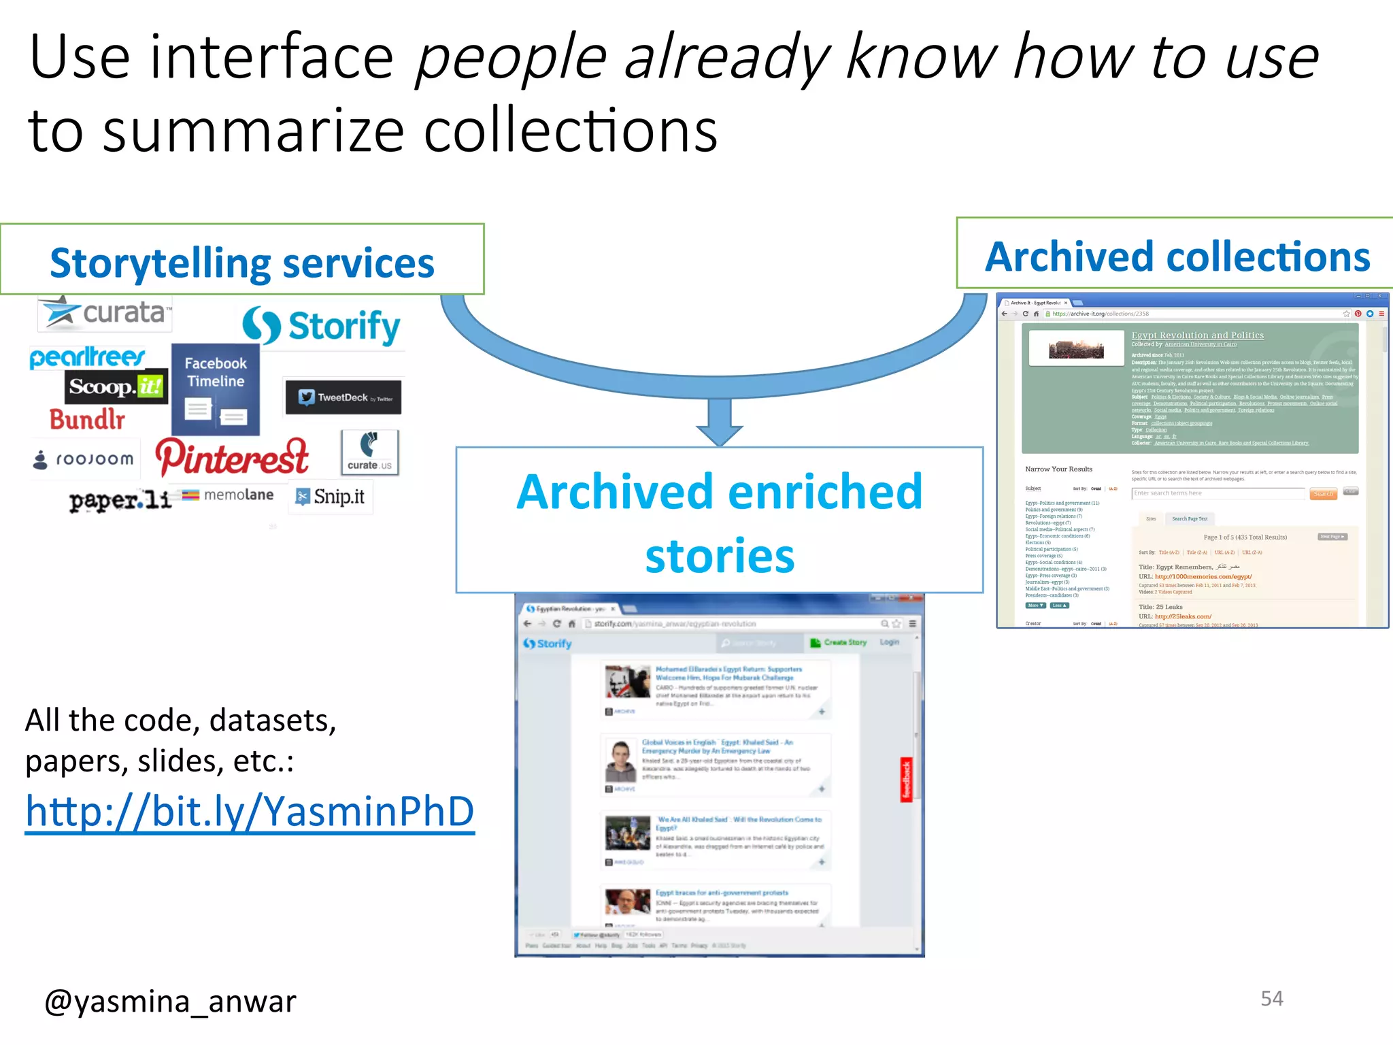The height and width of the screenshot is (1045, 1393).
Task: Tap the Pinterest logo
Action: pyautogui.click(x=232, y=457)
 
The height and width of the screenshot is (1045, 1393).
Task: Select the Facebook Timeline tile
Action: pyautogui.click(x=216, y=390)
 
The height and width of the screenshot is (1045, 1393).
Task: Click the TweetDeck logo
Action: pyautogui.click(x=343, y=397)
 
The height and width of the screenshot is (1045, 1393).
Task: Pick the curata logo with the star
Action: pyautogui.click(x=105, y=313)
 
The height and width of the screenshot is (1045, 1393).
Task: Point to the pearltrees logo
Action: pyautogui.click(x=87, y=356)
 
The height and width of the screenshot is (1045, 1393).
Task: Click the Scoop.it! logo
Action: pyautogui.click(x=116, y=386)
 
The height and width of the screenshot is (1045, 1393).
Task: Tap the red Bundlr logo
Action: pyautogui.click(x=87, y=419)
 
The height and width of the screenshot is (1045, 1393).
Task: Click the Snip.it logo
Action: pyautogui.click(x=331, y=497)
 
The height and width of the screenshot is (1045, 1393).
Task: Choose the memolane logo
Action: pyautogui.click(x=229, y=495)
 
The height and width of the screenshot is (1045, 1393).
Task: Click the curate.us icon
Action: pyautogui.click(x=369, y=452)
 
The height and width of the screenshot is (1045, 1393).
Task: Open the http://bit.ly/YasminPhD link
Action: pyautogui.click(x=250, y=811)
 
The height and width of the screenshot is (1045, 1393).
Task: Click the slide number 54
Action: pyautogui.click(x=1271, y=998)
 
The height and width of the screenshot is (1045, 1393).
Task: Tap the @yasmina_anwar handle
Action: pyautogui.click(x=170, y=1001)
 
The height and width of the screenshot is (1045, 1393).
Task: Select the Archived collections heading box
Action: pyautogui.click(x=1177, y=256)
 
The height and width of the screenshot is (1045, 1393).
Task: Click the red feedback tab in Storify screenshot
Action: pyautogui.click(x=906, y=779)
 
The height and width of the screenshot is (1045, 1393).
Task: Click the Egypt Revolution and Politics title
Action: pyautogui.click(x=1197, y=335)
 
